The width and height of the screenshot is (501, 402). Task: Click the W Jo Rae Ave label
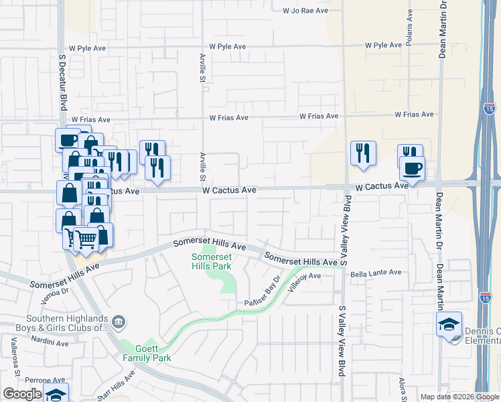click(305, 11)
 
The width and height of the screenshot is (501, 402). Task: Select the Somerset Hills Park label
click(212, 261)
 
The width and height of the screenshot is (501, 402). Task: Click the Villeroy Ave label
click(305, 281)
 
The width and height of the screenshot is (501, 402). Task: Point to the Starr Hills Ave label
click(116, 385)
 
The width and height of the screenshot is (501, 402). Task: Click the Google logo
click(22, 394)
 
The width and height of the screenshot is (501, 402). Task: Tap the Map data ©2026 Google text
click(459, 397)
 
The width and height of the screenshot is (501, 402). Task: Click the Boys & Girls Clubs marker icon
click(119, 323)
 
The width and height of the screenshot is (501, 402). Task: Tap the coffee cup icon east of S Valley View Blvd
click(412, 167)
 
